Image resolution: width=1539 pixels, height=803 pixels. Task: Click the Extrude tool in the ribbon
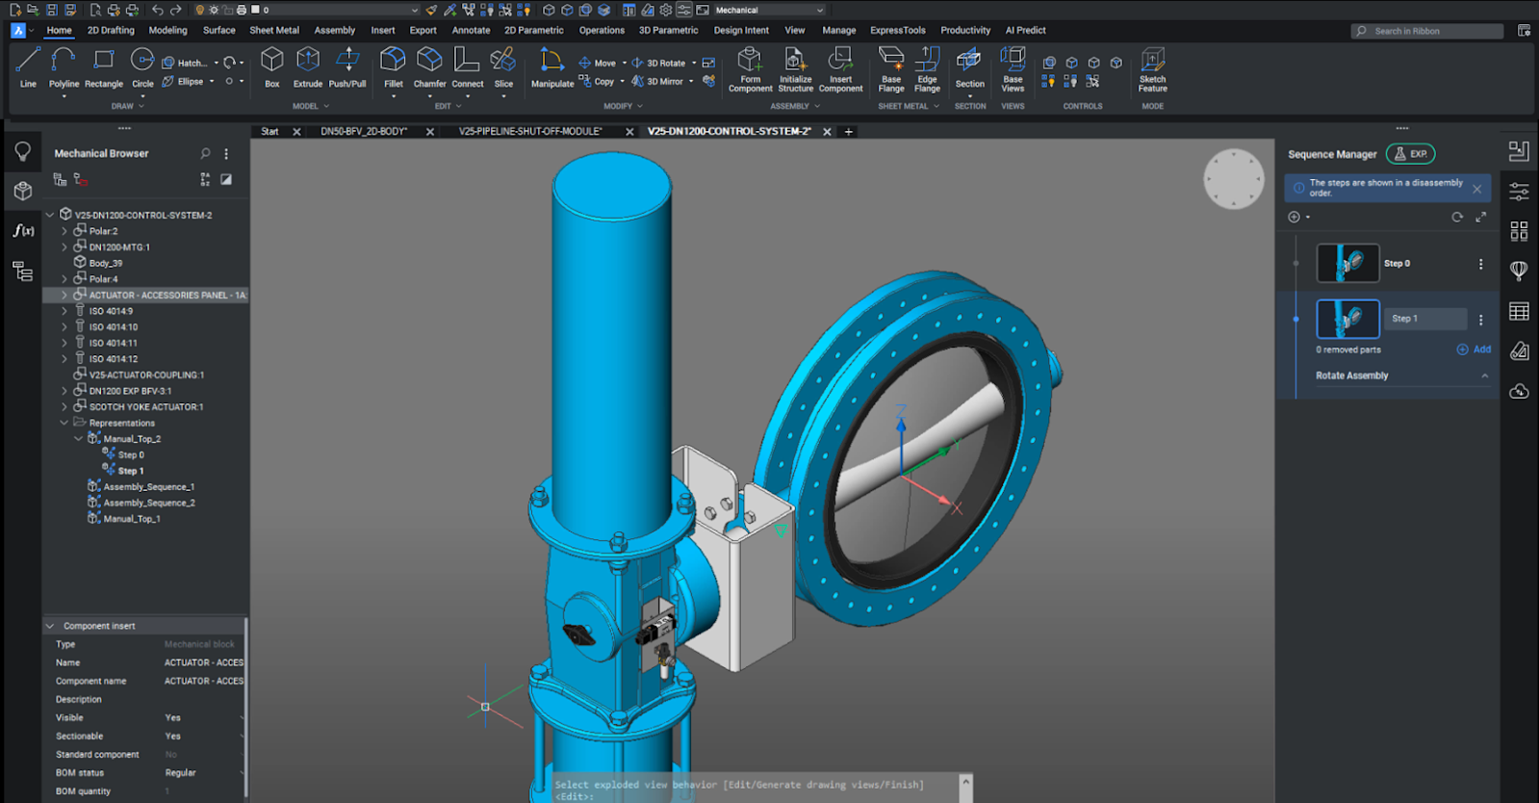(x=308, y=67)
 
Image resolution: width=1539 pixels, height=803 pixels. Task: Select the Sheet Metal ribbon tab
(x=274, y=30)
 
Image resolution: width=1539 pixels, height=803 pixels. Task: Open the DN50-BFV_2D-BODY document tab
(x=364, y=131)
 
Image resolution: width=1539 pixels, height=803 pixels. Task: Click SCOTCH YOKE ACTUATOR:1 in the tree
(x=145, y=407)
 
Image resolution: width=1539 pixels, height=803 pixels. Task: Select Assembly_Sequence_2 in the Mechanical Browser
(x=149, y=503)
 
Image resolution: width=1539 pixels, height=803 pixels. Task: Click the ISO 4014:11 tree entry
(x=114, y=343)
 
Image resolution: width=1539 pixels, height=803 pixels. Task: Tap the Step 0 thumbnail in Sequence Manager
(x=1347, y=263)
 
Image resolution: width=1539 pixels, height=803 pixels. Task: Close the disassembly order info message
(x=1476, y=189)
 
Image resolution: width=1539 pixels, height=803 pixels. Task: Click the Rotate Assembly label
(x=1351, y=376)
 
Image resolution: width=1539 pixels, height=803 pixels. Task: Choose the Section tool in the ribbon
(x=969, y=68)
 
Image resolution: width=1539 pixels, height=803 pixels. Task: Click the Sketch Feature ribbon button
(x=1152, y=69)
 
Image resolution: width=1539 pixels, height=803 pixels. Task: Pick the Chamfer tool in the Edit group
(x=429, y=68)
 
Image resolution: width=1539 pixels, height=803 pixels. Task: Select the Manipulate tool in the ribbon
(x=552, y=68)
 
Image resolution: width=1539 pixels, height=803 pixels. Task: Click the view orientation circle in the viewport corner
(x=1233, y=179)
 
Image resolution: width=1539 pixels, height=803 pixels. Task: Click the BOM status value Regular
(x=180, y=773)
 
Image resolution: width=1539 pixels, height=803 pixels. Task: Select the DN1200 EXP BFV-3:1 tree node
(x=130, y=391)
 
